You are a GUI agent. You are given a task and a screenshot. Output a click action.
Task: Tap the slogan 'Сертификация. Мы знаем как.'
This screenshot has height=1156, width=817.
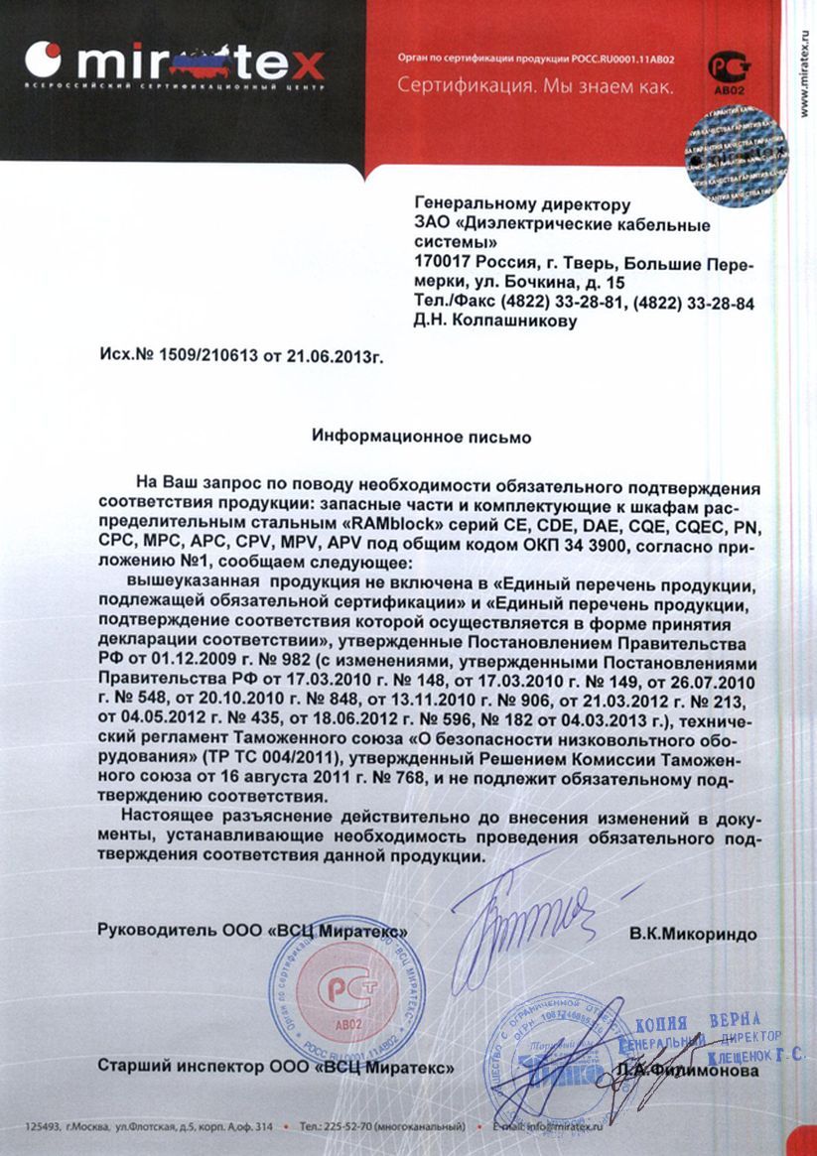pyautogui.click(x=535, y=87)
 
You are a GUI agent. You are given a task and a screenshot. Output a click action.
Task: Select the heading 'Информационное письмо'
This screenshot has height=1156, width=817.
pyautogui.click(x=422, y=436)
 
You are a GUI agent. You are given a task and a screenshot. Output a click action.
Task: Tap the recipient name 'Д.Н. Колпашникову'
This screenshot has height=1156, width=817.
pyautogui.click(x=493, y=321)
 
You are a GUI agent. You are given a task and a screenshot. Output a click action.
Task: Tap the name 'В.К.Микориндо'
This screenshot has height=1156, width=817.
pyautogui.click(x=692, y=934)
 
